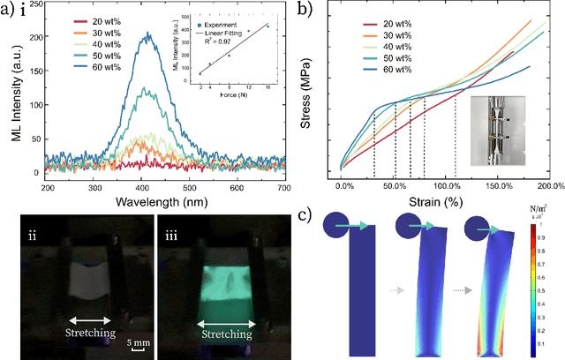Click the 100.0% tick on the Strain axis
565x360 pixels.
[x=449, y=187]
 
